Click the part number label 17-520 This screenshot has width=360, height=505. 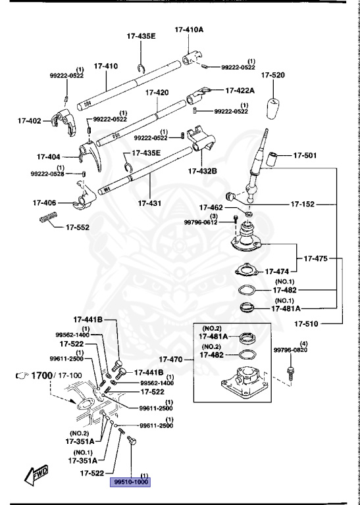coord(272,76)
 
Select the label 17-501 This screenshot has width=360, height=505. coord(305,156)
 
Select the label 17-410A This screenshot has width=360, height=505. coord(189,30)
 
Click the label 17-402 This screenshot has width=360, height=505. coord(29,121)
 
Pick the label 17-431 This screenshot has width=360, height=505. coord(150,203)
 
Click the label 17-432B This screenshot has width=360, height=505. coord(202,171)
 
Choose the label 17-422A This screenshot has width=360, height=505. coord(241,90)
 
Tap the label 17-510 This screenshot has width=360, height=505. coord(307,324)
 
